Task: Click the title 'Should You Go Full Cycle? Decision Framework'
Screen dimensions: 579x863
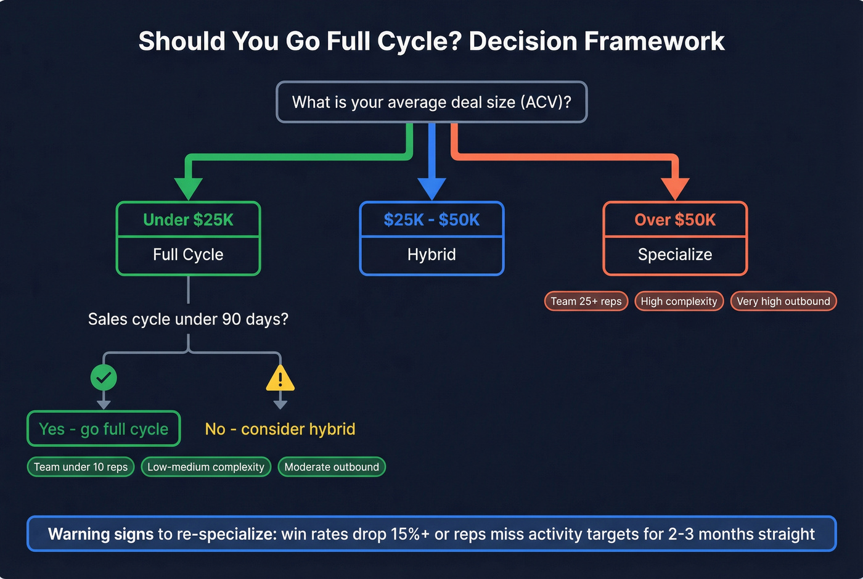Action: (431, 41)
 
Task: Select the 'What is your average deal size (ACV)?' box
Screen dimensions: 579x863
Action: (431, 102)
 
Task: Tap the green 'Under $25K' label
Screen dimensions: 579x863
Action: (188, 220)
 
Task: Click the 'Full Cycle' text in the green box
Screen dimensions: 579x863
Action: (188, 255)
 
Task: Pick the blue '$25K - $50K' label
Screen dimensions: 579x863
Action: (431, 220)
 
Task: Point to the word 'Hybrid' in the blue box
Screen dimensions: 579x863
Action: (431, 255)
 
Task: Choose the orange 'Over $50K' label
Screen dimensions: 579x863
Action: (675, 220)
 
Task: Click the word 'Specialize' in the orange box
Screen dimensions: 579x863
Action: (675, 255)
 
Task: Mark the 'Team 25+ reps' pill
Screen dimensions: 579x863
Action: (586, 301)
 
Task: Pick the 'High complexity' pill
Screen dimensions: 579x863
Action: (679, 301)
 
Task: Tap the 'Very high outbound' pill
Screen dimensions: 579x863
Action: (783, 301)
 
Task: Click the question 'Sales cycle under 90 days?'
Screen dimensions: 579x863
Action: (188, 319)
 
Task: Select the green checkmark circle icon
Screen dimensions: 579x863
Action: (104, 377)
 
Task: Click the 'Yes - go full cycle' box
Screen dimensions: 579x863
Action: (104, 429)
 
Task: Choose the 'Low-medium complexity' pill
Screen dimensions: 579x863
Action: (206, 467)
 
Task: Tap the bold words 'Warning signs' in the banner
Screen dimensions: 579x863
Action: (100, 534)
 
